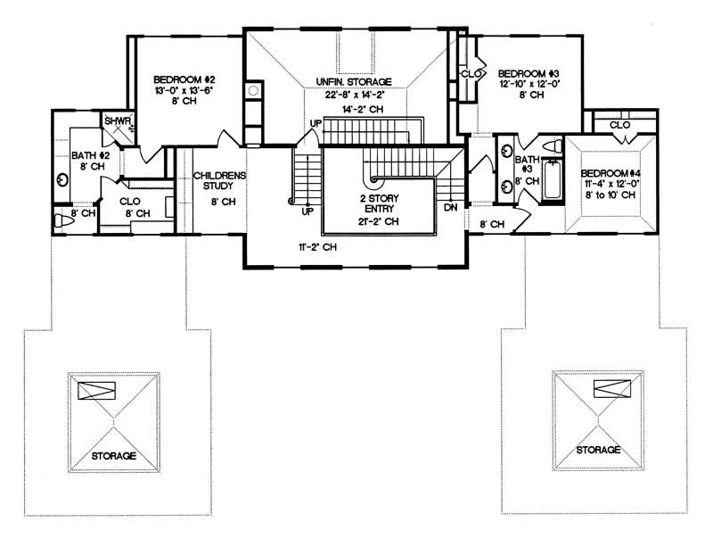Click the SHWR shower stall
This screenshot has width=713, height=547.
point(117,124)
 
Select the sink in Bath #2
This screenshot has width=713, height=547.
point(62,179)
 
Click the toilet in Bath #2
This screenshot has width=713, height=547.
point(61,220)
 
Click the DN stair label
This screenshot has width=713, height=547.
point(450,207)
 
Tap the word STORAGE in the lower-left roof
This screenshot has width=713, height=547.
point(113,456)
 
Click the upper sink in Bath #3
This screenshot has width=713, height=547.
point(504,151)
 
